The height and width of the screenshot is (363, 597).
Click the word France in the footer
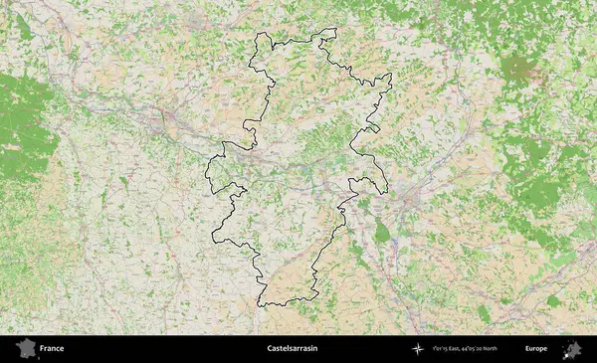click(x=52, y=349)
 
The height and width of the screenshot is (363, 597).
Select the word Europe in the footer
click(x=536, y=349)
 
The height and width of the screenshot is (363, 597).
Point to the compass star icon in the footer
click(x=417, y=349)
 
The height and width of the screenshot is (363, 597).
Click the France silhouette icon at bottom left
click(x=23, y=348)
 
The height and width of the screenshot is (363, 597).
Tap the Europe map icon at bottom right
click(x=572, y=348)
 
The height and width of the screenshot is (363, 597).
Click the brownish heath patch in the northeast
click(x=519, y=70)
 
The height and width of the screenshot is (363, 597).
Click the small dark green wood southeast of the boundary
click(x=382, y=233)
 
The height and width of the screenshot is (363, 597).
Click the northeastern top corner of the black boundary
click(x=335, y=29)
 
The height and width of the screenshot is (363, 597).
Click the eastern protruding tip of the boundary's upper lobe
click(x=390, y=77)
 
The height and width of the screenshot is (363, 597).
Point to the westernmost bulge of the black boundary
click(x=207, y=169)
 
